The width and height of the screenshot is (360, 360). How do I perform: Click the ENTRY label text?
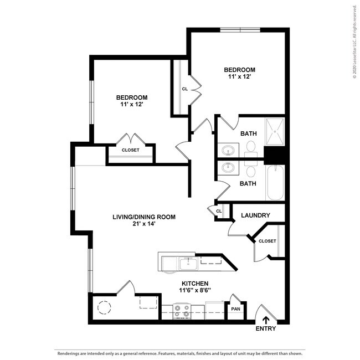click(x=266, y=328)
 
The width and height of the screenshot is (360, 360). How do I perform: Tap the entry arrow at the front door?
click(x=266, y=319)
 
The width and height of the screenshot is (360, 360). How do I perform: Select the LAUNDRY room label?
click(x=256, y=215)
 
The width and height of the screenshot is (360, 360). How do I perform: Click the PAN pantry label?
click(x=235, y=309)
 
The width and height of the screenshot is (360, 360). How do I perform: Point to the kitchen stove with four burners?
click(x=182, y=312)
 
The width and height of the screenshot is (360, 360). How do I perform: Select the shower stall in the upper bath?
click(x=275, y=132)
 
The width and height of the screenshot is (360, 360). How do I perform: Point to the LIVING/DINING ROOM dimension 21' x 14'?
click(x=144, y=224)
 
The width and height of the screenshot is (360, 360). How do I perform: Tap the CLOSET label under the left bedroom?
click(x=131, y=150)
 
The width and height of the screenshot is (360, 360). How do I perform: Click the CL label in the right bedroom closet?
click(x=184, y=89)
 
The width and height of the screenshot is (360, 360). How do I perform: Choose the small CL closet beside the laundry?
click(x=219, y=211)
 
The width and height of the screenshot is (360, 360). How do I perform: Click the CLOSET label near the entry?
click(x=267, y=241)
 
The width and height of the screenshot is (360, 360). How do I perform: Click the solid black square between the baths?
click(x=274, y=156)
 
